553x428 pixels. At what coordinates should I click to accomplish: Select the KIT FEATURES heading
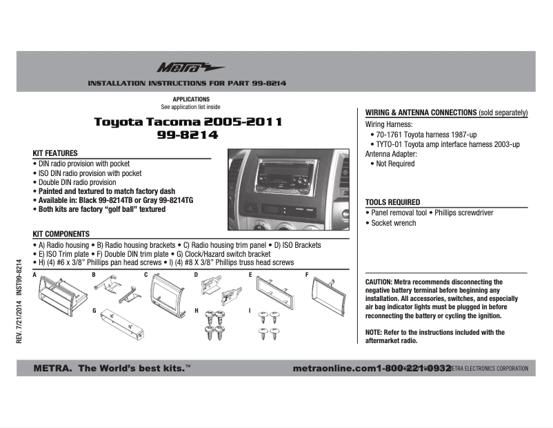[x=55, y=153]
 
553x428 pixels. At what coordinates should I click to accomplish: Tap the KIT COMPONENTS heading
[x=61, y=235]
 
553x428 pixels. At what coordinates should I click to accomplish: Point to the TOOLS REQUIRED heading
[x=392, y=202]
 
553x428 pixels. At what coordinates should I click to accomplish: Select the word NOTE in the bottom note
[x=373, y=333]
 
